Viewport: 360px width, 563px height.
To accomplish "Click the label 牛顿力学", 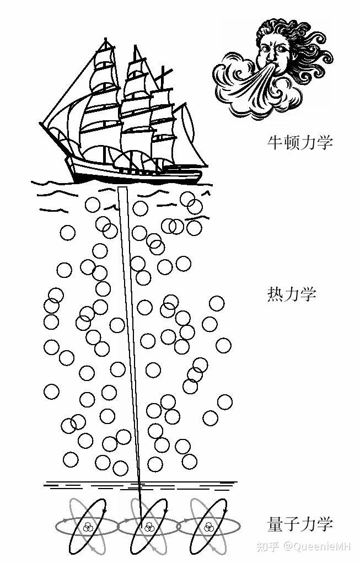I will point(300,142).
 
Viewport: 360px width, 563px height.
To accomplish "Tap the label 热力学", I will point(292,294).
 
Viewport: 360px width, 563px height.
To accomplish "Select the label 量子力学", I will point(300,524).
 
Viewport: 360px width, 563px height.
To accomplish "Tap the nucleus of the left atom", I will point(87,527).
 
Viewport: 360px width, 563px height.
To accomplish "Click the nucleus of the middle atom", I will point(148,527).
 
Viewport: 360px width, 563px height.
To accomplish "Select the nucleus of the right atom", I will point(208,527).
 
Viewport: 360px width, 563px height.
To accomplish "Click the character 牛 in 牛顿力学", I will point(275,142).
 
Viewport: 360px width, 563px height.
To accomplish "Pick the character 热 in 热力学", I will point(275,294).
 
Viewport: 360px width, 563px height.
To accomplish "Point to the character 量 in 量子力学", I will point(275,524).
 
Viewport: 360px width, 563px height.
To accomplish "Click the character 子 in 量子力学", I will point(292,524).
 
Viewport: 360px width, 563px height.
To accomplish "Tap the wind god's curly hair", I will point(309,44).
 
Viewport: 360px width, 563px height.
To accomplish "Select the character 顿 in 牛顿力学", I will point(292,142).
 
